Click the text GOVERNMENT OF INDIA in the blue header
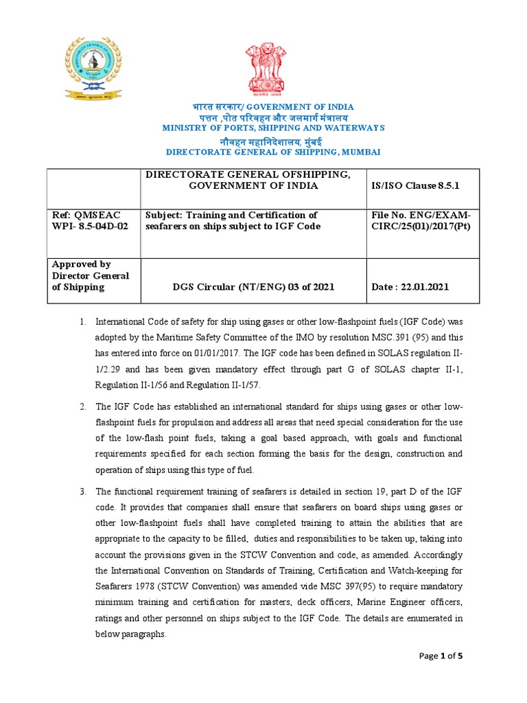pyautogui.click(x=300, y=107)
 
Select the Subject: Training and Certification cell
pyautogui.click(x=232, y=221)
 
